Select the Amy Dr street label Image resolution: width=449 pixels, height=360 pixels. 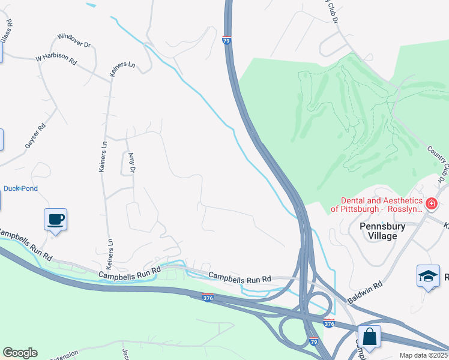(x=131, y=163)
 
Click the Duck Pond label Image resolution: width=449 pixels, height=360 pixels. (x=20, y=188)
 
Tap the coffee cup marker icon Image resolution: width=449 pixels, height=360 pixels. (x=55, y=219)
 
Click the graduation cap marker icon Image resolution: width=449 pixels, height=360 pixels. (x=427, y=276)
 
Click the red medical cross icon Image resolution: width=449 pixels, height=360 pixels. (x=430, y=205)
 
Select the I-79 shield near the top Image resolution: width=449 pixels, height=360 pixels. (x=226, y=41)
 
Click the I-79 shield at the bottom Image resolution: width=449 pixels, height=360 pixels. (x=313, y=341)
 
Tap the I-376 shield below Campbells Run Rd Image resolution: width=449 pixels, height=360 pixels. (x=208, y=298)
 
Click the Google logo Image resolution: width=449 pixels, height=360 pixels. (x=20, y=353)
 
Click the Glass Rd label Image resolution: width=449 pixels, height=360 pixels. (x=7, y=31)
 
